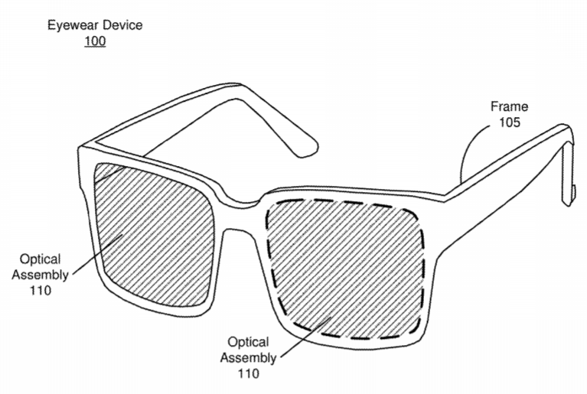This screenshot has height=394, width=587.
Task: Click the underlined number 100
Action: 95,41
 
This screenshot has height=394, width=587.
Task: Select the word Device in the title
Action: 122,25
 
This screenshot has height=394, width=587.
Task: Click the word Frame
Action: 509,106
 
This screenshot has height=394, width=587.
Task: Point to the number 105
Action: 510,122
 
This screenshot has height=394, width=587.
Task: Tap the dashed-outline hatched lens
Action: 345,269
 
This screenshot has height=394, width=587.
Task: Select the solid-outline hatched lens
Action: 154,234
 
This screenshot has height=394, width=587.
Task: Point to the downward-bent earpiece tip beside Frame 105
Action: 568,176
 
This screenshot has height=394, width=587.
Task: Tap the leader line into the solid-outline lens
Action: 98,255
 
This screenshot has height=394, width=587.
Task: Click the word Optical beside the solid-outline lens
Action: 40,259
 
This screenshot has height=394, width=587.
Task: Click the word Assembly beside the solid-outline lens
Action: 40,275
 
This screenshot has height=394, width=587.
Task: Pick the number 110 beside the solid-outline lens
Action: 40,291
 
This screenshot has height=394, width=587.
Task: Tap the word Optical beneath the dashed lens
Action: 248,342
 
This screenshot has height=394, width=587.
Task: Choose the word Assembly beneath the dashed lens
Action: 248,358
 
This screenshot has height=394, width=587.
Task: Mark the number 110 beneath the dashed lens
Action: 248,373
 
